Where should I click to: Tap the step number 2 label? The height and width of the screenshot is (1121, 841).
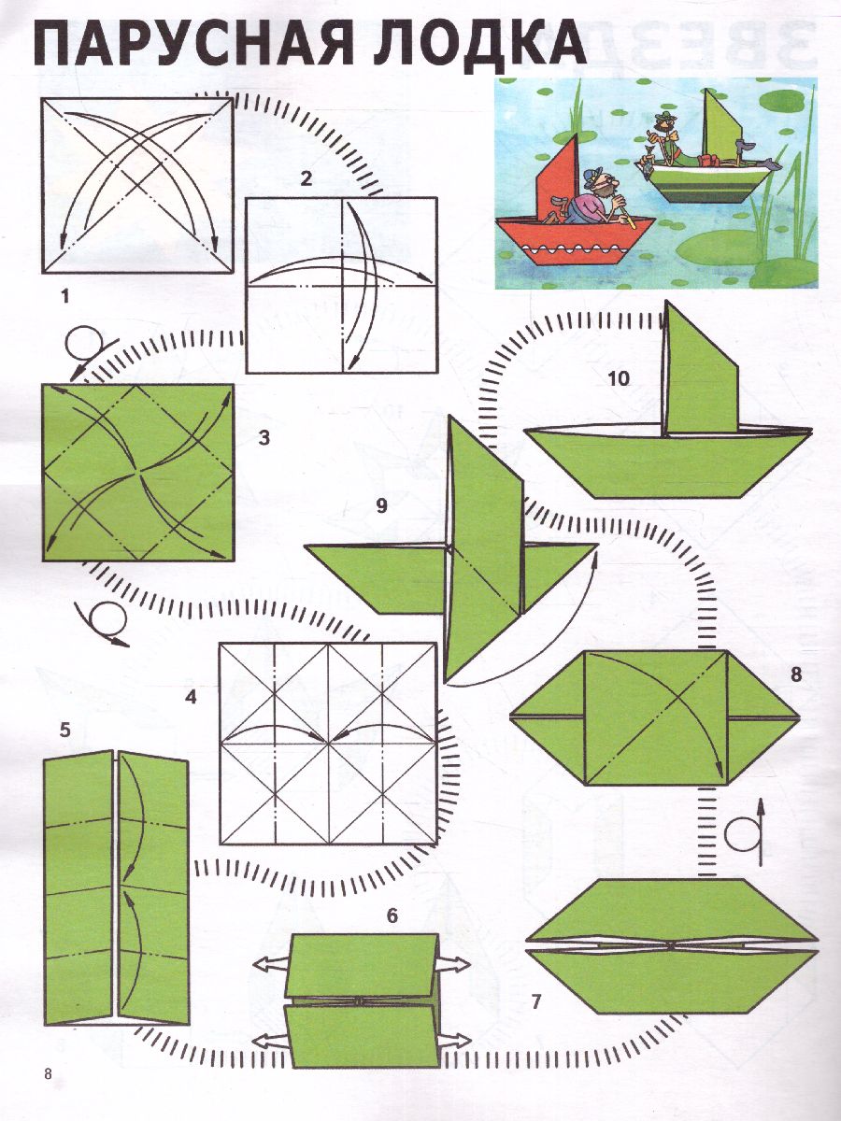(x=306, y=179)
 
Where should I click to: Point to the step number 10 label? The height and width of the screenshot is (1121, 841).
(x=619, y=379)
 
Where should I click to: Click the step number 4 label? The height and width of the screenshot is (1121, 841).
(x=191, y=697)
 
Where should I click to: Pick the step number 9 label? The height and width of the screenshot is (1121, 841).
(x=381, y=505)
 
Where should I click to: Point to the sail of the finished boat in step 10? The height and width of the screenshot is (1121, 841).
(x=700, y=373)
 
